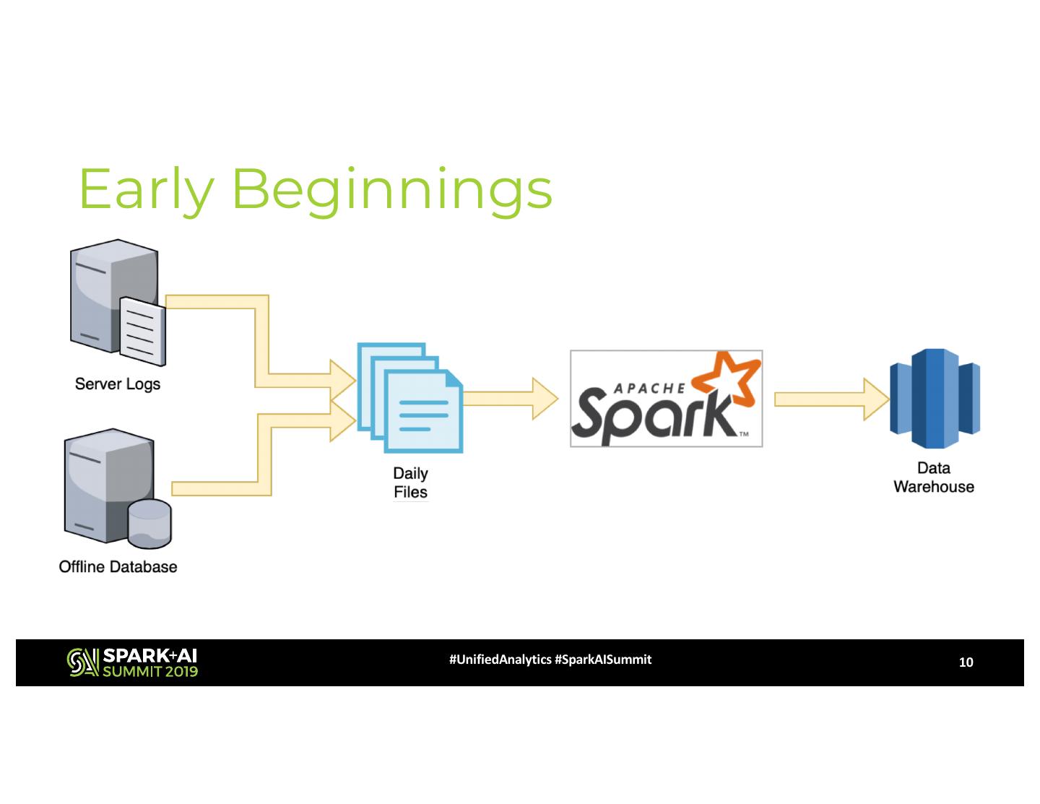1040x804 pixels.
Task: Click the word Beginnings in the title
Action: coord(391,189)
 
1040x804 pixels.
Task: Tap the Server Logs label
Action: coord(117,384)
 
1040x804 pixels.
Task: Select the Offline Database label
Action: coord(118,566)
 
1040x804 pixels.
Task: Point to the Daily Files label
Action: coord(410,483)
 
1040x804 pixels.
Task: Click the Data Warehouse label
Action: coord(933,477)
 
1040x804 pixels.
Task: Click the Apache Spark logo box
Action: coord(666,399)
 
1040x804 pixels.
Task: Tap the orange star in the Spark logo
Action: coord(727,378)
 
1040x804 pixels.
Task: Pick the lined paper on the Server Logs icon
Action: coord(142,331)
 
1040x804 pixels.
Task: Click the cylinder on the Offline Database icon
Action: coord(149,522)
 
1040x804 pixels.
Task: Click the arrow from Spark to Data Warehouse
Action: coord(831,399)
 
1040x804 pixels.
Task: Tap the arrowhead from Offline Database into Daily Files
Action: coord(342,421)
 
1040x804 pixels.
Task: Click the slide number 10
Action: coord(966,662)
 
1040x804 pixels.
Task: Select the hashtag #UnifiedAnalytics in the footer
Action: coord(500,660)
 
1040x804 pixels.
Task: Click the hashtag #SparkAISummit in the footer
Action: coord(603,660)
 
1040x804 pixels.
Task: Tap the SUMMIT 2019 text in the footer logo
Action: coord(150,671)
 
